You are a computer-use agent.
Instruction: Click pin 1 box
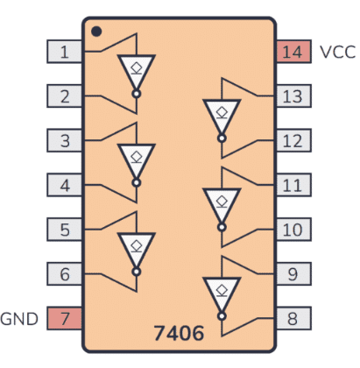[x=64, y=52]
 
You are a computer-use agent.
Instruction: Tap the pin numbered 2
[x=64, y=96]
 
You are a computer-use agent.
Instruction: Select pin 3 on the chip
[x=64, y=140]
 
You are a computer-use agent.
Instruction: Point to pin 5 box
[x=64, y=230]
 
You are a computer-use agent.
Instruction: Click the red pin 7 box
[x=64, y=318]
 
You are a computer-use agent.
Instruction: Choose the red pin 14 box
[x=293, y=52]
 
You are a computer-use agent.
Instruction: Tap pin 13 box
[x=293, y=96]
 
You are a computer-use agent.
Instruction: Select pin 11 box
[x=293, y=185]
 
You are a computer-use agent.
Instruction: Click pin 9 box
[x=293, y=274]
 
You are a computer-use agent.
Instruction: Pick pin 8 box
[x=293, y=318]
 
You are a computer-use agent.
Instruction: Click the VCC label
[x=338, y=52]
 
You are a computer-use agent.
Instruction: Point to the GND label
[x=19, y=319]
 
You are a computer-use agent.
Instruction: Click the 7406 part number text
[x=179, y=333]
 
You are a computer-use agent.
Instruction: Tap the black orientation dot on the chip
[x=96, y=32]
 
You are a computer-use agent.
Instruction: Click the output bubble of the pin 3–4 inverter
[x=137, y=183]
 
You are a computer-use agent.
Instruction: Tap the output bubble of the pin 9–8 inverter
[x=222, y=316]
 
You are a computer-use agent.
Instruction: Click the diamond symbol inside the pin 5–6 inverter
[x=137, y=246]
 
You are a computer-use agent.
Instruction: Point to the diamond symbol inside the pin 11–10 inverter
[x=222, y=202]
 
